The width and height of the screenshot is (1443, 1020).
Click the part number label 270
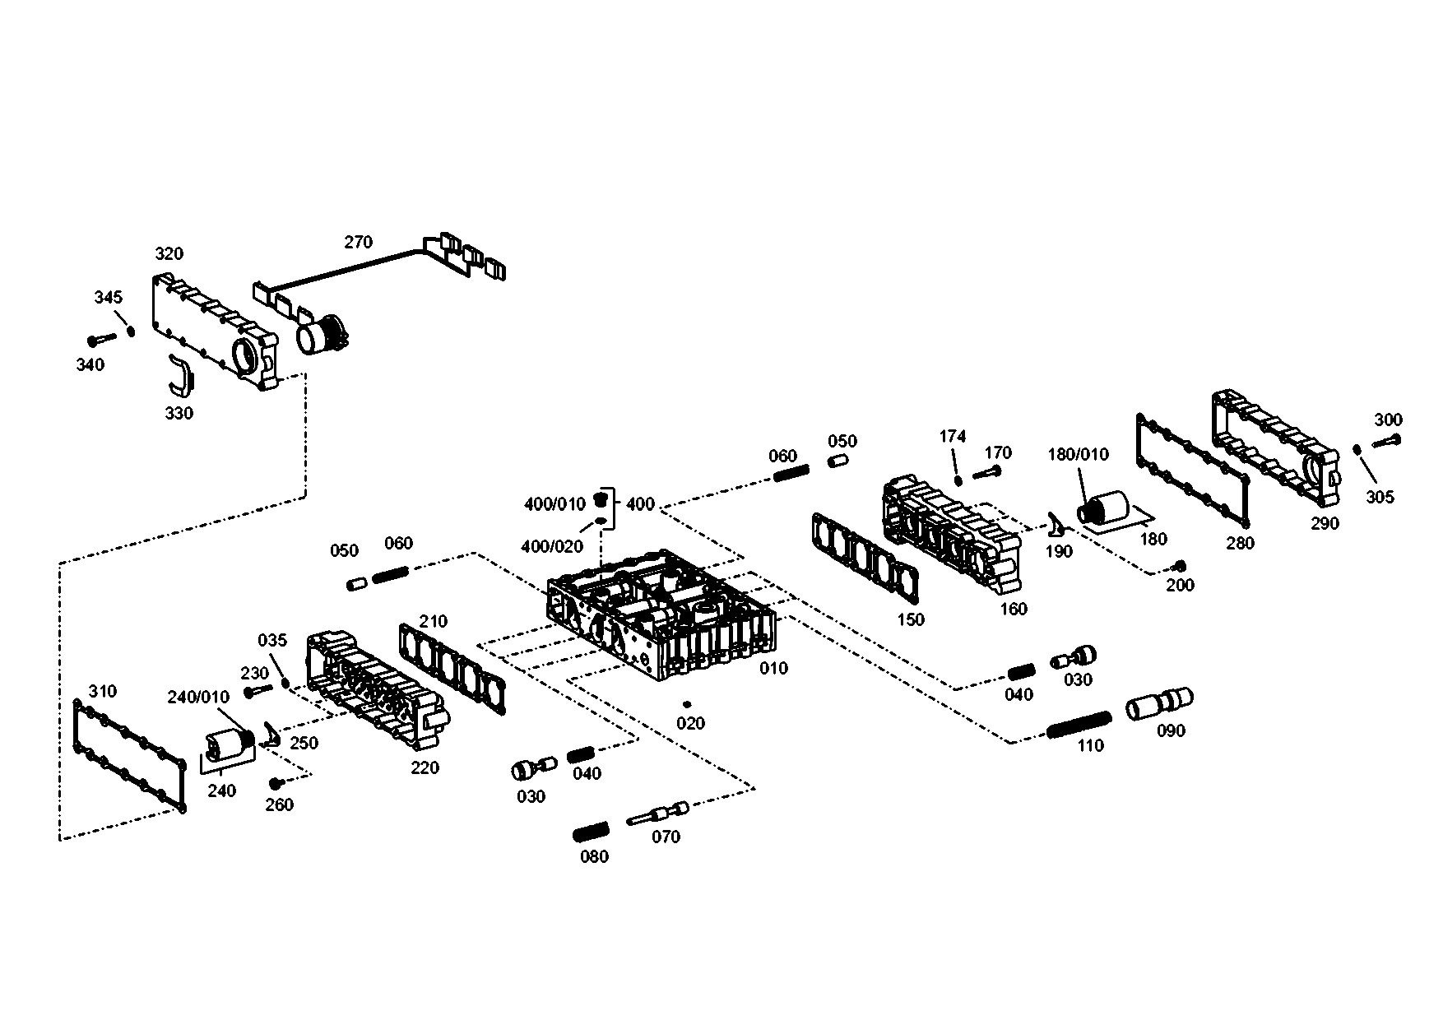(x=358, y=242)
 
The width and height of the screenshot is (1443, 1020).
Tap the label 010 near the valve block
(x=773, y=668)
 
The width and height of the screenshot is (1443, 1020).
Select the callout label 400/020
(x=552, y=545)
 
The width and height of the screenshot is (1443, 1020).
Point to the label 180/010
(x=1078, y=454)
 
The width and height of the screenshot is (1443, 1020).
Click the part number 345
(x=108, y=297)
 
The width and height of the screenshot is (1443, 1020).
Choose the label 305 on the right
(x=1380, y=497)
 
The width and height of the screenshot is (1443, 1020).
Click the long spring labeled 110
(x=1079, y=724)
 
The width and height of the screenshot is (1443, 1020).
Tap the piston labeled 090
(x=1159, y=703)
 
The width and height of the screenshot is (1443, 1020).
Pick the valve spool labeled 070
(x=658, y=814)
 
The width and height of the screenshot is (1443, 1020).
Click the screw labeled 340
(x=100, y=338)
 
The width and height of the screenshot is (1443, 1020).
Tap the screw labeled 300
(x=1389, y=440)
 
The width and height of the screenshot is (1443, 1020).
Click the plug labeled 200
(x=1180, y=566)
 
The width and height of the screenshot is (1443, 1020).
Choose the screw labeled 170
(x=986, y=473)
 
